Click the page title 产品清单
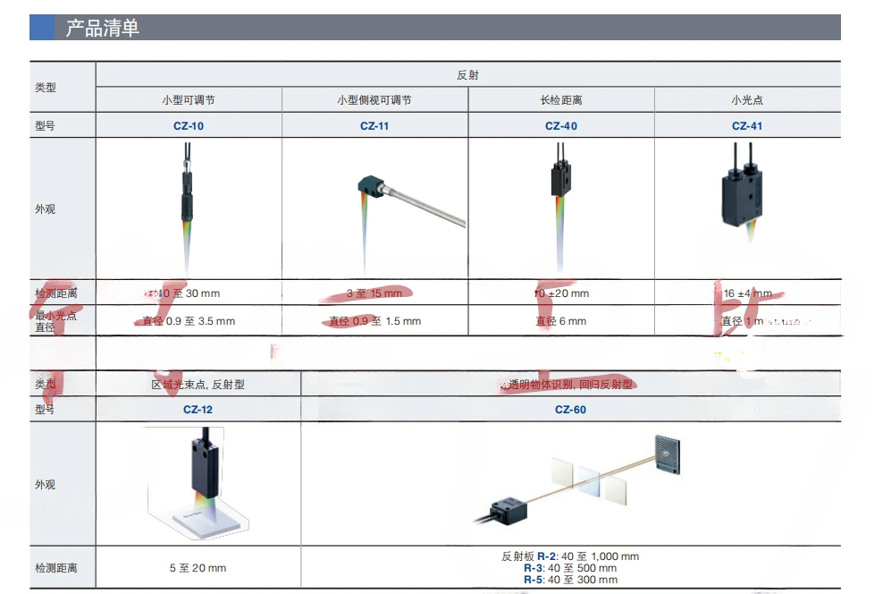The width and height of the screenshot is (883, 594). pyautogui.click(x=103, y=29)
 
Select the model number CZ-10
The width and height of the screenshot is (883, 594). pyautogui.click(x=189, y=126)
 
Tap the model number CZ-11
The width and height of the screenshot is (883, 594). pyautogui.click(x=374, y=126)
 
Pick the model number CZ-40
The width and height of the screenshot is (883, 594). pyautogui.click(x=561, y=126)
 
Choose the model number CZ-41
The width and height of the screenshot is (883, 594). pyautogui.click(x=747, y=126)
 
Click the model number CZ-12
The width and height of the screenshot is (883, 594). pyautogui.click(x=198, y=410)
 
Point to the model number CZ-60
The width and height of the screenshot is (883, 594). pyautogui.click(x=570, y=410)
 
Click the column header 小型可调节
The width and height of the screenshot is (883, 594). pyautogui.click(x=189, y=100)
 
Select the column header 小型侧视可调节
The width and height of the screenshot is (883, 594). pyautogui.click(x=374, y=100)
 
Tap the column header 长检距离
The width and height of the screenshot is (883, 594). pyautogui.click(x=561, y=100)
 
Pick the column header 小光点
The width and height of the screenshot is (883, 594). pyautogui.click(x=747, y=100)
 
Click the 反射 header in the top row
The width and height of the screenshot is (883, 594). pyautogui.click(x=467, y=75)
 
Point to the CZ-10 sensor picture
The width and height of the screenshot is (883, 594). pyautogui.click(x=188, y=192)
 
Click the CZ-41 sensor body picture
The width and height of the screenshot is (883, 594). pyautogui.click(x=741, y=197)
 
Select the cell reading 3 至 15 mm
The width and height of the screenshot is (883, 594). pyautogui.click(x=374, y=293)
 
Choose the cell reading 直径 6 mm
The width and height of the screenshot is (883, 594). pyautogui.click(x=561, y=321)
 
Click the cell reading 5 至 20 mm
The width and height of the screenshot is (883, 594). pyautogui.click(x=198, y=568)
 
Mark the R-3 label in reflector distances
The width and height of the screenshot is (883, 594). pyautogui.click(x=534, y=568)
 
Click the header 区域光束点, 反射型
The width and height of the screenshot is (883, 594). pyautogui.click(x=198, y=385)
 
